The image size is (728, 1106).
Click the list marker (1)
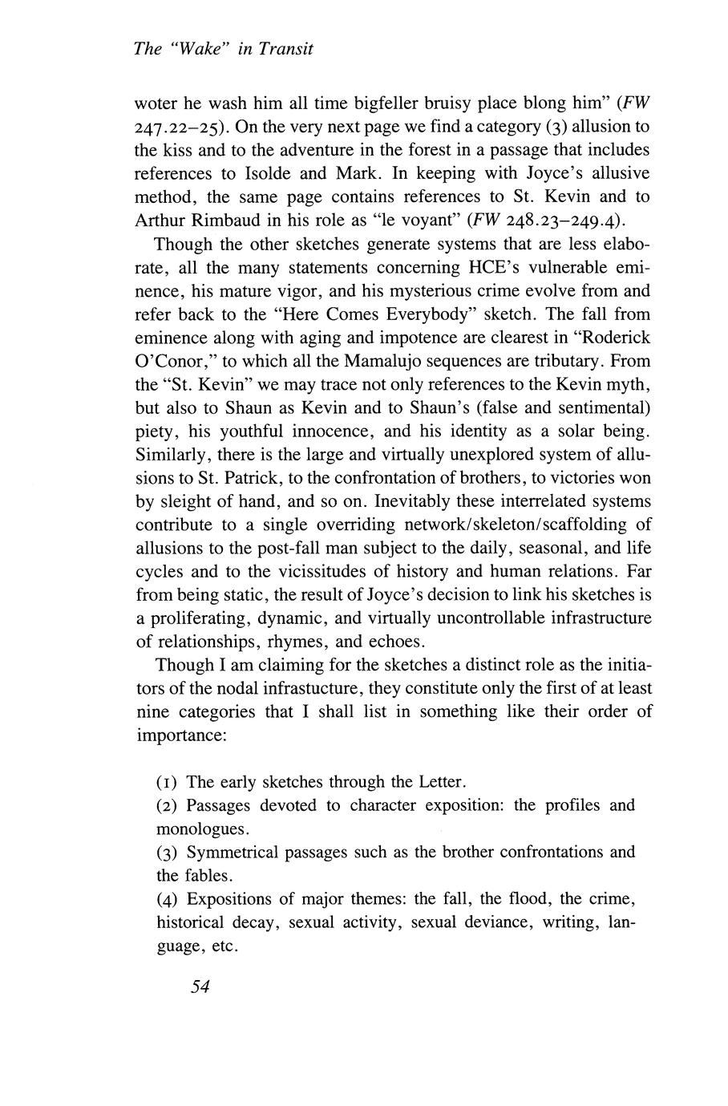coord(167,782)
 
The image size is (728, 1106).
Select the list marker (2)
coord(167,805)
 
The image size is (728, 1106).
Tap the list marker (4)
coord(167,898)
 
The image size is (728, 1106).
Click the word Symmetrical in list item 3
coord(232,852)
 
